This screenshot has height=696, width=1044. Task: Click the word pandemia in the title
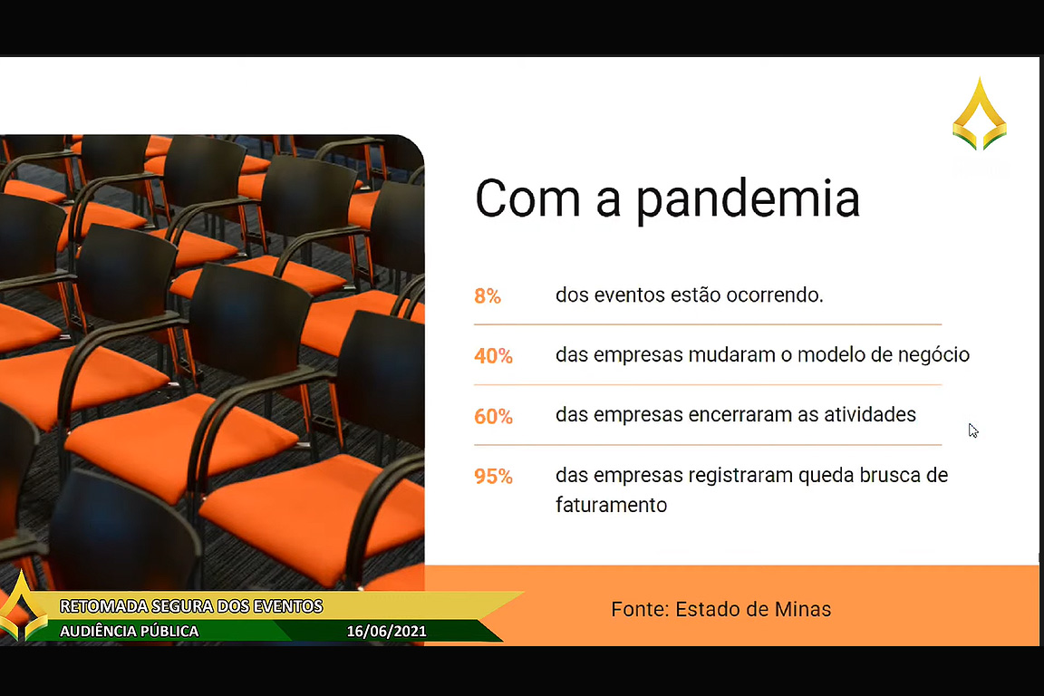(x=748, y=199)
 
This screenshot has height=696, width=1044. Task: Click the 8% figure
(x=488, y=295)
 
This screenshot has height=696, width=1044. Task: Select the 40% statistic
(x=493, y=356)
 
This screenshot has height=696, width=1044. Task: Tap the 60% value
(x=493, y=416)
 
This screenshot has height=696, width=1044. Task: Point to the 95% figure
(x=493, y=476)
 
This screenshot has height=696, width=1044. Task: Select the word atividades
(x=870, y=415)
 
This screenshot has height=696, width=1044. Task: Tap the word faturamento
(x=611, y=505)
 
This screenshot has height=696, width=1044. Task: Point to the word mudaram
(x=731, y=355)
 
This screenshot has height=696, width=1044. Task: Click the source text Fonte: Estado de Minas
(x=721, y=609)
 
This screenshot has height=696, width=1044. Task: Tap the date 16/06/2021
(x=386, y=632)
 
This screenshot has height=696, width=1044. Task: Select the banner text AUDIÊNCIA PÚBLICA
(x=130, y=632)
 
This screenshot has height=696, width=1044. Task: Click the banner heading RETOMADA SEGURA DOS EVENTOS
(x=191, y=606)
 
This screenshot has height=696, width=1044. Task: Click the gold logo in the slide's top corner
(x=980, y=114)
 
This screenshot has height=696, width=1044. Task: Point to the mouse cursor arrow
(x=973, y=430)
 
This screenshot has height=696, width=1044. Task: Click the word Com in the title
(x=527, y=198)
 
